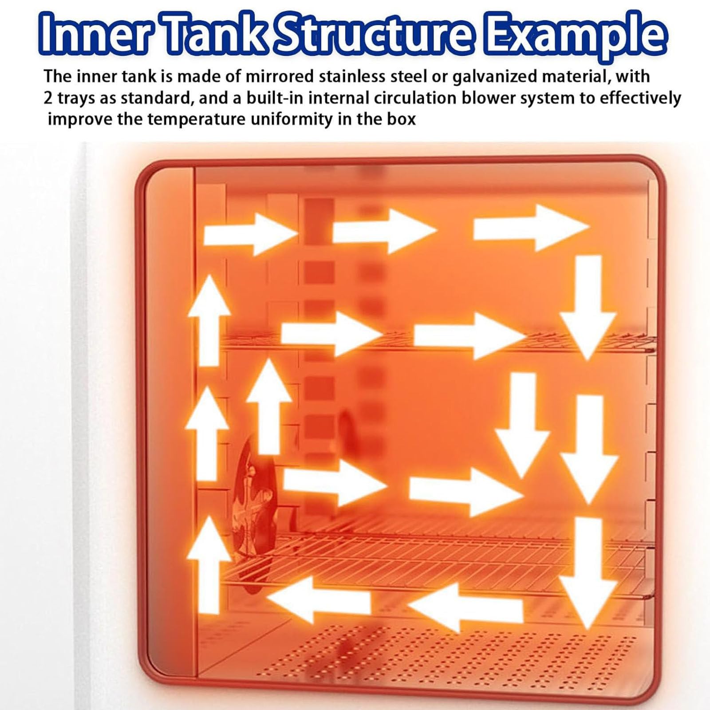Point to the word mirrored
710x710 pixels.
coord(280,76)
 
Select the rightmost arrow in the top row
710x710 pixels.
coord(531,228)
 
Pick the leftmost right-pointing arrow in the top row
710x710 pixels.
coord(250,234)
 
